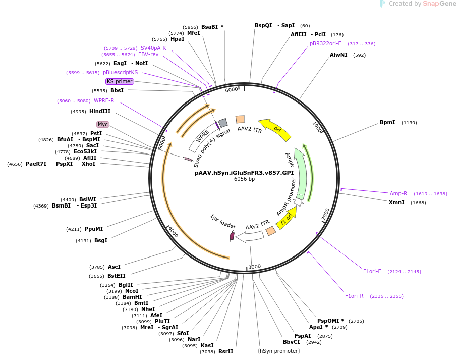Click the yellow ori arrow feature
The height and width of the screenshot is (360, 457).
tap(275, 130)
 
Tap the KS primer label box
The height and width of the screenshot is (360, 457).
tap(120, 81)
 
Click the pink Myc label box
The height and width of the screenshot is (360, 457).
tap(103, 124)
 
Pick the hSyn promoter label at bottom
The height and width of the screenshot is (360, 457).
tap(279, 351)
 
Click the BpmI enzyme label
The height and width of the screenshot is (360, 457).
tap(387, 123)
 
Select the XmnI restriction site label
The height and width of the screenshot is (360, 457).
tap(396, 202)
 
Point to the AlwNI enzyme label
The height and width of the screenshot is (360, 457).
tap(338, 55)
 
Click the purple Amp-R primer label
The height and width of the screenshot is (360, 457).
tap(398, 193)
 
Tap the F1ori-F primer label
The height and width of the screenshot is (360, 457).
tap(372, 271)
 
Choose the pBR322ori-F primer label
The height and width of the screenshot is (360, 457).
tap(325, 43)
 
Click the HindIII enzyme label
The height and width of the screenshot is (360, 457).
tap(100, 111)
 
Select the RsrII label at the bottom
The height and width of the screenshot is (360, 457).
tap(225, 351)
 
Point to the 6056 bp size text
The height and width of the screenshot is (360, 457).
tap(244, 179)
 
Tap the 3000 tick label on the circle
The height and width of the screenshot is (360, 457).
tap(254, 266)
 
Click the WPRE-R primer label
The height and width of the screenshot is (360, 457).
tap(104, 100)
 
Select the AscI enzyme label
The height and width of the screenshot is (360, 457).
tap(114, 267)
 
